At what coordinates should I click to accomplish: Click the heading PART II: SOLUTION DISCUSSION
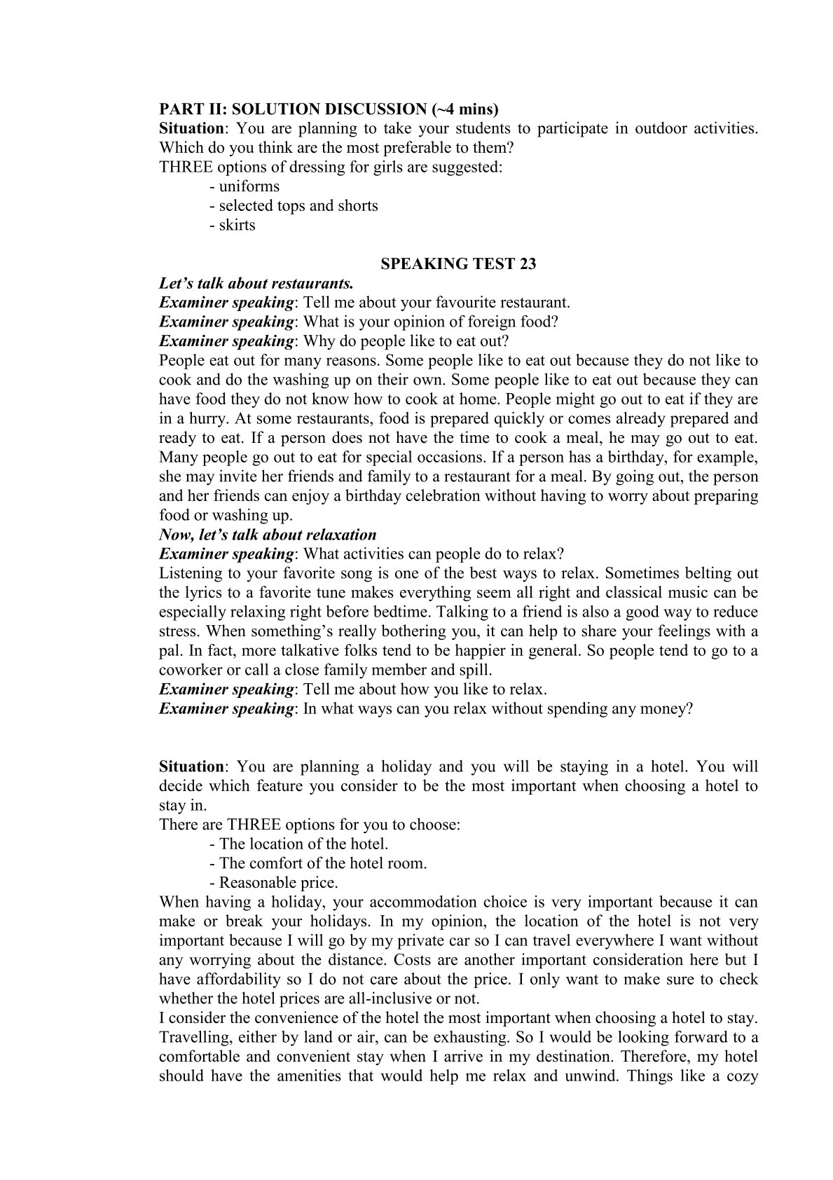[x=329, y=109]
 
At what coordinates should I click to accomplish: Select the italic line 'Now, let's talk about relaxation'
[x=268, y=535]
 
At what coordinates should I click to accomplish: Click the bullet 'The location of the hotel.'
[x=303, y=844]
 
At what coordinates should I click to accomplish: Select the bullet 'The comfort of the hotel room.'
[x=323, y=863]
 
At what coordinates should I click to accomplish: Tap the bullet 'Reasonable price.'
[x=278, y=883]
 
